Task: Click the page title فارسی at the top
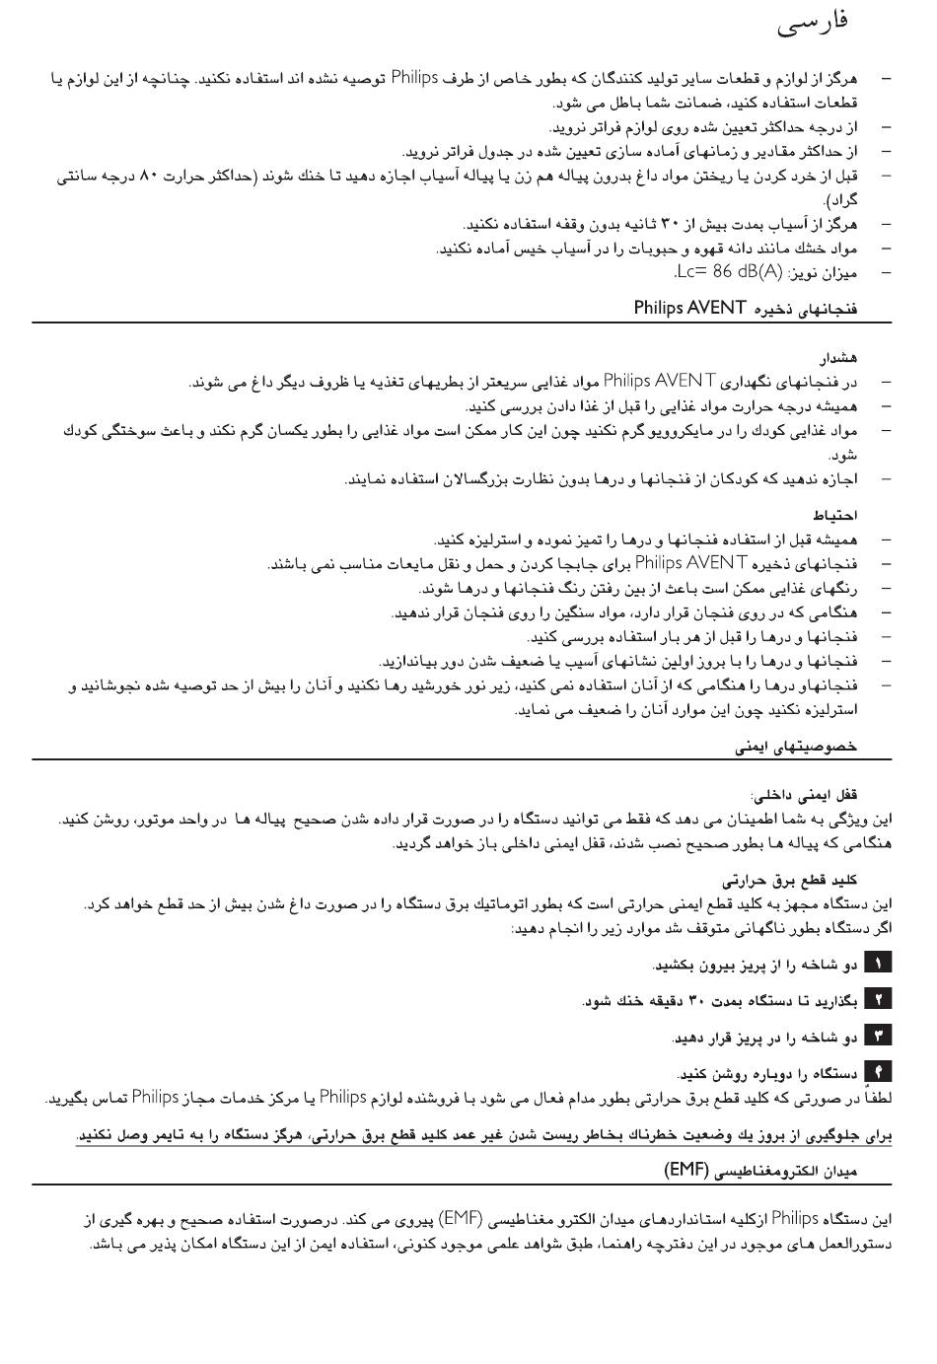[x=812, y=24]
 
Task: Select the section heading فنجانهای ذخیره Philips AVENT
[x=746, y=309]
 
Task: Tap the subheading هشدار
[x=837, y=357]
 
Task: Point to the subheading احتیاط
[x=835, y=515]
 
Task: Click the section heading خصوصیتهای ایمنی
[x=797, y=747]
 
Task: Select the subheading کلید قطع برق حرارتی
[x=790, y=881]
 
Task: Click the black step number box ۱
[x=877, y=964]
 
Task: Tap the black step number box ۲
[x=877, y=1000]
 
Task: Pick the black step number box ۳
[x=877, y=1037]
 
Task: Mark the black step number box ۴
[x=877, y=1072]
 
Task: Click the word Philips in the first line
[x=415, y=77]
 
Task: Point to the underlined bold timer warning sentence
[x=483, y=1136]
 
